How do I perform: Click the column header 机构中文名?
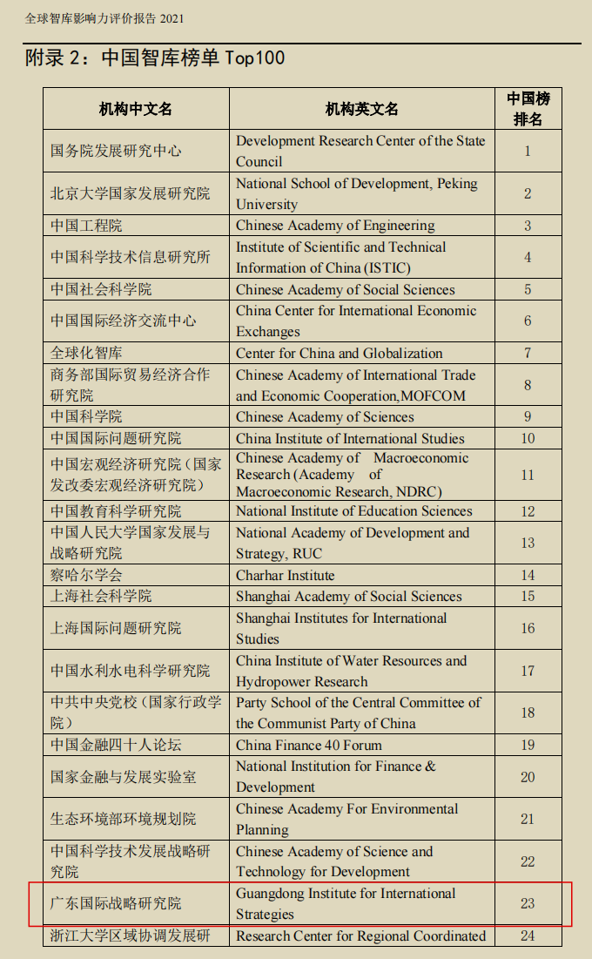[x=136, y=109]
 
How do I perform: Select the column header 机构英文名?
[x=361, y=109]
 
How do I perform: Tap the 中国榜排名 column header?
[x=528, y=109]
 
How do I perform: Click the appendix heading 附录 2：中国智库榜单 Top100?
[x=155, y=58]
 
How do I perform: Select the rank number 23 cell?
[x=528, y=903]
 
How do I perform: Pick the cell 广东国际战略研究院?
[x=116, y=903]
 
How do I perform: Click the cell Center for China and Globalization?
[x=339, y=353]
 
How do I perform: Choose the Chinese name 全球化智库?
[x=86, y=353]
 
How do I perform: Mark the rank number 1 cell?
[x=528, y=151]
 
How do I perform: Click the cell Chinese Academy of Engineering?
[x=335, y=226]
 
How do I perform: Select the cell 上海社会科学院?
[x=101, y=596]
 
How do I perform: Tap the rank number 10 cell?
[x=528, y=438]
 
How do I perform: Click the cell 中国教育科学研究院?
[x=116, y=511]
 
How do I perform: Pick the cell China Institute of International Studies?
[x=350, y=438]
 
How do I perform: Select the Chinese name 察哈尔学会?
[x=86, y=575]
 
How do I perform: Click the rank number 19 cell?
[x=528, y=745]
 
